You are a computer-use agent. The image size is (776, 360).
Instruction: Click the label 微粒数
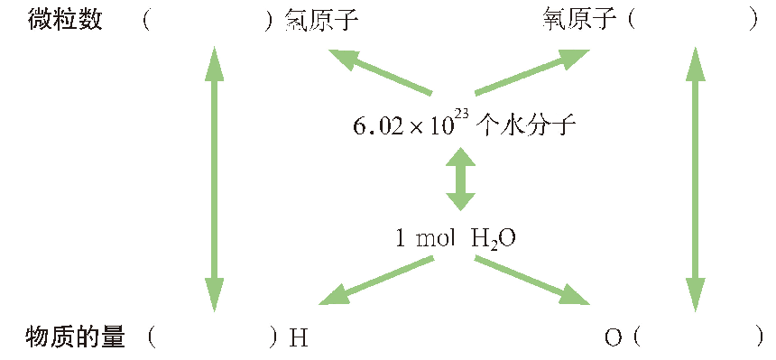point(65,20)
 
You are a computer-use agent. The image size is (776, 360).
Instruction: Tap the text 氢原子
point(320,20)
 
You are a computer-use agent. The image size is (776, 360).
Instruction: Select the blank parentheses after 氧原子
point(693,20)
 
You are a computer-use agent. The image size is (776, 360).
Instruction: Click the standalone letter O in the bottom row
point(614,339)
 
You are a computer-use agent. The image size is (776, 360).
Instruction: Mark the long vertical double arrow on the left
point(214,179)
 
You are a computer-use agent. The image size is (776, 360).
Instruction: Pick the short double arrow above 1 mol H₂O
point(460,180)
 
